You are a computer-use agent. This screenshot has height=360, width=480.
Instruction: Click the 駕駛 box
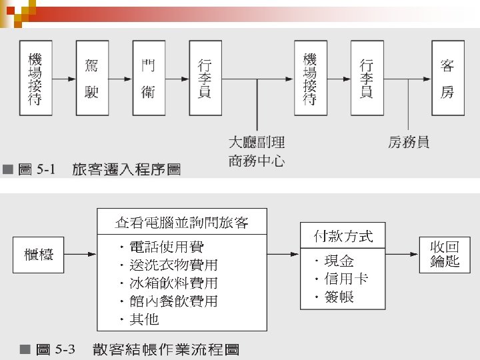pyautogui.click(x=92, y=78)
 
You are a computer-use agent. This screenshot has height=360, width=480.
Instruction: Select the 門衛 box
pyautogui.click(x=148, y=78)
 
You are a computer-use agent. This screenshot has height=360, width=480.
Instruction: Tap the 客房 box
pyautogui.click(x=447, y=78)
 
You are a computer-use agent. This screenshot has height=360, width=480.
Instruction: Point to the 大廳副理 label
pyautogui.click(x=257, y=142)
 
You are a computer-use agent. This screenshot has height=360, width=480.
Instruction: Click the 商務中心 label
pyautogui.click(x=257, y=161)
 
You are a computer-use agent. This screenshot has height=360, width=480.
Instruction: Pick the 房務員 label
pyautogui.click(x=409, y=142)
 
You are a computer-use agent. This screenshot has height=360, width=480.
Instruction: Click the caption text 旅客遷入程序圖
pyautogui.click(x=126, y=170)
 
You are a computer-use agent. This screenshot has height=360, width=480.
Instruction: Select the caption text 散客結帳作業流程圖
pyautogui.click(x=166, y=349)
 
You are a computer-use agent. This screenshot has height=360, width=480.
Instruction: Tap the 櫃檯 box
pyautogui.click(x=39, y=254)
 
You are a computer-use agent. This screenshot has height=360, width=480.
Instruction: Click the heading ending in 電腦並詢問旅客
pyautogui.click(x=182, y=222)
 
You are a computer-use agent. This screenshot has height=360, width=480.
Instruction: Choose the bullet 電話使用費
pyautogui.click(x=167, y=247)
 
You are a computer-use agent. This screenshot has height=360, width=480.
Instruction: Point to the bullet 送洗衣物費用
pyautogui.click(x=173, y=265)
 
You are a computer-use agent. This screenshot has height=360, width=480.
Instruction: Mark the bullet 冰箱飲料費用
pyautogui.click(x=173, y=283)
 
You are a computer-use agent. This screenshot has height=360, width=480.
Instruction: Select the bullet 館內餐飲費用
pyautogui.click(x=173, y=301)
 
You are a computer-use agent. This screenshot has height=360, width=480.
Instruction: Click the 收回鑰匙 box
pyautogui.click(x=445, y=254)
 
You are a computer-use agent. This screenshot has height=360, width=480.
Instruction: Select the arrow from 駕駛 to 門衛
pyautogui.click(x=121, y=78)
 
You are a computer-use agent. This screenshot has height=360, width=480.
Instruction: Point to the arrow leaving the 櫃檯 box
pyautogui.click(x=80, y=254)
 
